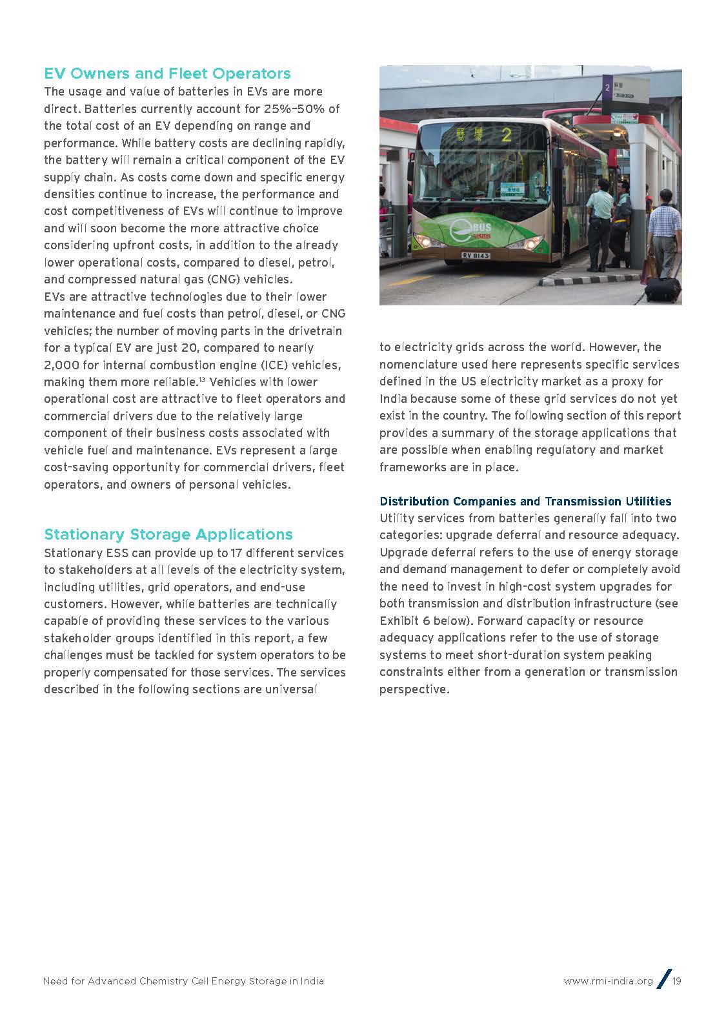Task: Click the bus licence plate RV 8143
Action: click(x=476, y=256)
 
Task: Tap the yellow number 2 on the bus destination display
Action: click(x=507, y=135)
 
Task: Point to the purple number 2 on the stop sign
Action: click(x=608, y=85)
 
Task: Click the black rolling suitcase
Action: click(x=663, y=289)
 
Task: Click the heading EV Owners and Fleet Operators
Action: click(x=167, y=74)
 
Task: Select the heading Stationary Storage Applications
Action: click(x=168, y=534)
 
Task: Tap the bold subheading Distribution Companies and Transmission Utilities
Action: click(x=525, y=502)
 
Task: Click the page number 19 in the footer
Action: click(x=677, y=981)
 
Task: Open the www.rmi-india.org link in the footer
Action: click(x=608, y=981)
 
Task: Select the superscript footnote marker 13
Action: click(x=201, y=380)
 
